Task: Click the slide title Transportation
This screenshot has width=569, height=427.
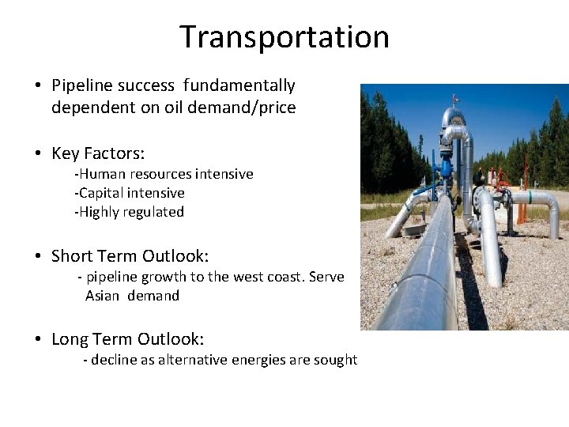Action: tap(284, 37)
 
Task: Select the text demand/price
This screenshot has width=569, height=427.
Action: tap(252, 108)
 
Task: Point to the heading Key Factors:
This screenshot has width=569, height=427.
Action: tap(98, 153)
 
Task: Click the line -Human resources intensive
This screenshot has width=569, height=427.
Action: tap(164, 174)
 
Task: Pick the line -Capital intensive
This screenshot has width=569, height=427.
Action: tap(130, 193)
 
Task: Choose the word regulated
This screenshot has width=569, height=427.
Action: tap(154, 212)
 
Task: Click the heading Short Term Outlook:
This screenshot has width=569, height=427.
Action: tap(130, 256)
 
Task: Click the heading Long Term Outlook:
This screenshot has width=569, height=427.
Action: tap(127, 339)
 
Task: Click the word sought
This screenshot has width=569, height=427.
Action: tap(337, 360)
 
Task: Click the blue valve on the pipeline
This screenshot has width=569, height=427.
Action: tap(447, 168)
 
